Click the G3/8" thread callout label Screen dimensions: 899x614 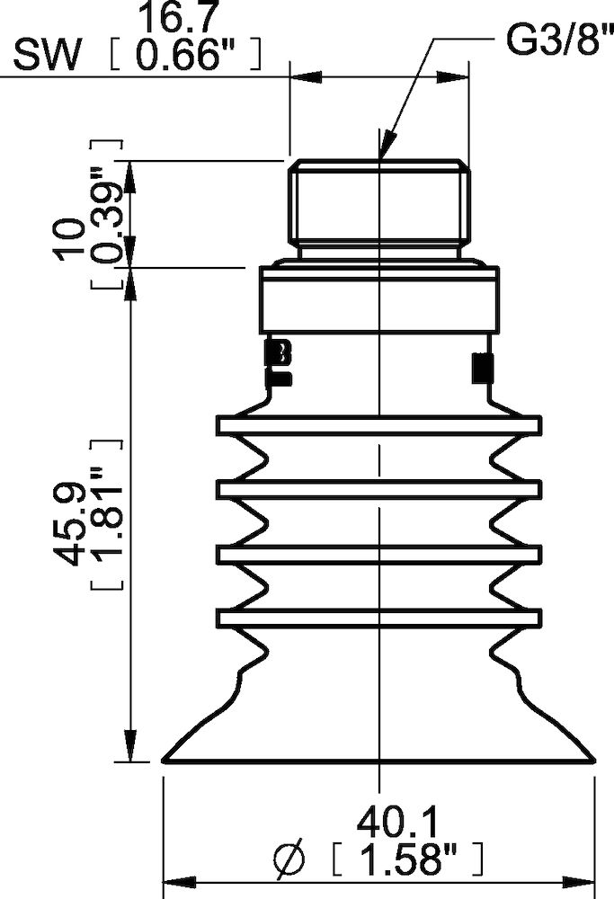point(551,40)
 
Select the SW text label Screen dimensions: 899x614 point(46,58)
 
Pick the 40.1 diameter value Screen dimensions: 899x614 point(396,823)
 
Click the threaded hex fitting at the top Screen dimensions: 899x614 point(379,202)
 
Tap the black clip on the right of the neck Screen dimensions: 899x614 point(483,366)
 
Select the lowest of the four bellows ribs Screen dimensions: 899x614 point(378,618)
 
